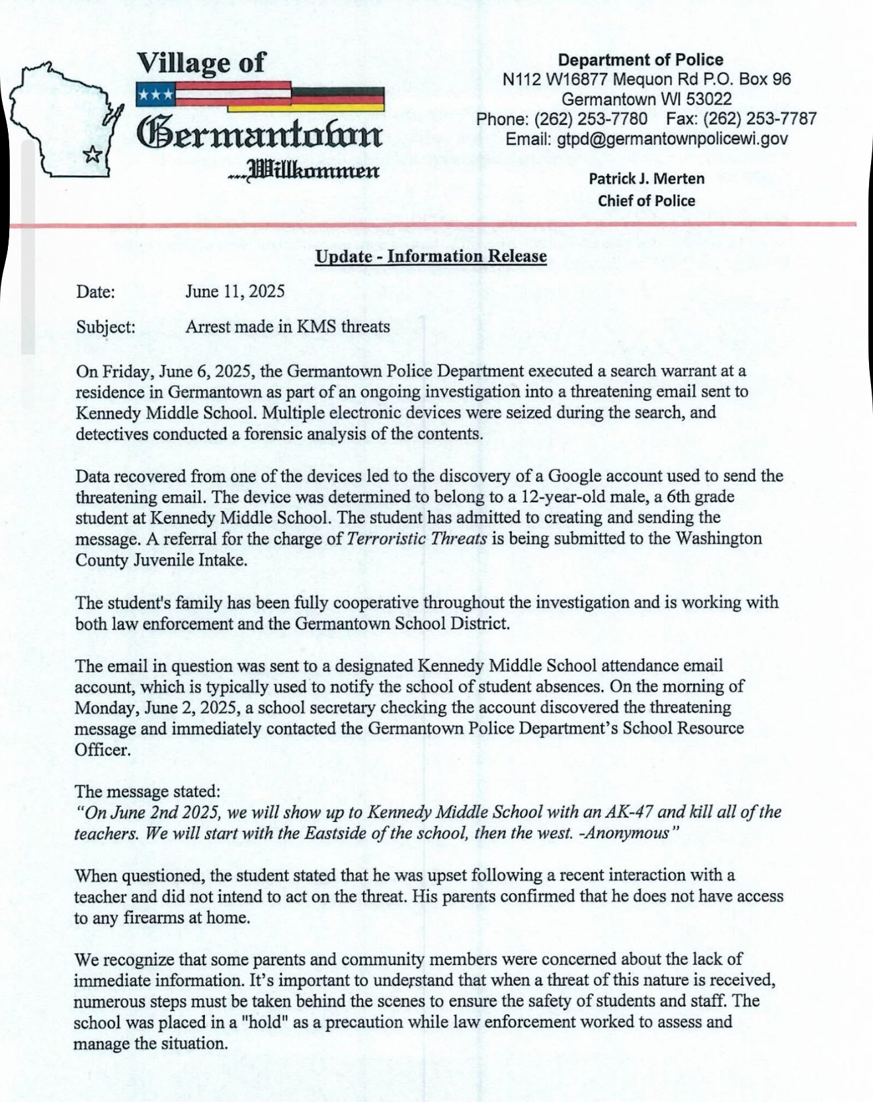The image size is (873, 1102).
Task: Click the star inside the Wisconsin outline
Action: (94, 154)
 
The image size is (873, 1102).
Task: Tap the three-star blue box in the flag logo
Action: (155, 95)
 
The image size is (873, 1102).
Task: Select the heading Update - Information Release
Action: (431, 256)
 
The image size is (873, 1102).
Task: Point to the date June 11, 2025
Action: (235, 292)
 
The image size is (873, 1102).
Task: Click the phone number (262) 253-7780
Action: (591, 119)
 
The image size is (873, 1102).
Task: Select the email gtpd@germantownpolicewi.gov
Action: (673, 139)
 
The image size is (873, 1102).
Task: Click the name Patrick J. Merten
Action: (646, 179)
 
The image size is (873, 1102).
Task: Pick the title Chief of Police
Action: (646, 201)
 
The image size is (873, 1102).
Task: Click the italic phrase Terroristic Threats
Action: (417, 538)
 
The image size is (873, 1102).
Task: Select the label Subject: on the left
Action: (106, 327)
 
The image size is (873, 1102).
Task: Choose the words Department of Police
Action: (640, 60)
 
